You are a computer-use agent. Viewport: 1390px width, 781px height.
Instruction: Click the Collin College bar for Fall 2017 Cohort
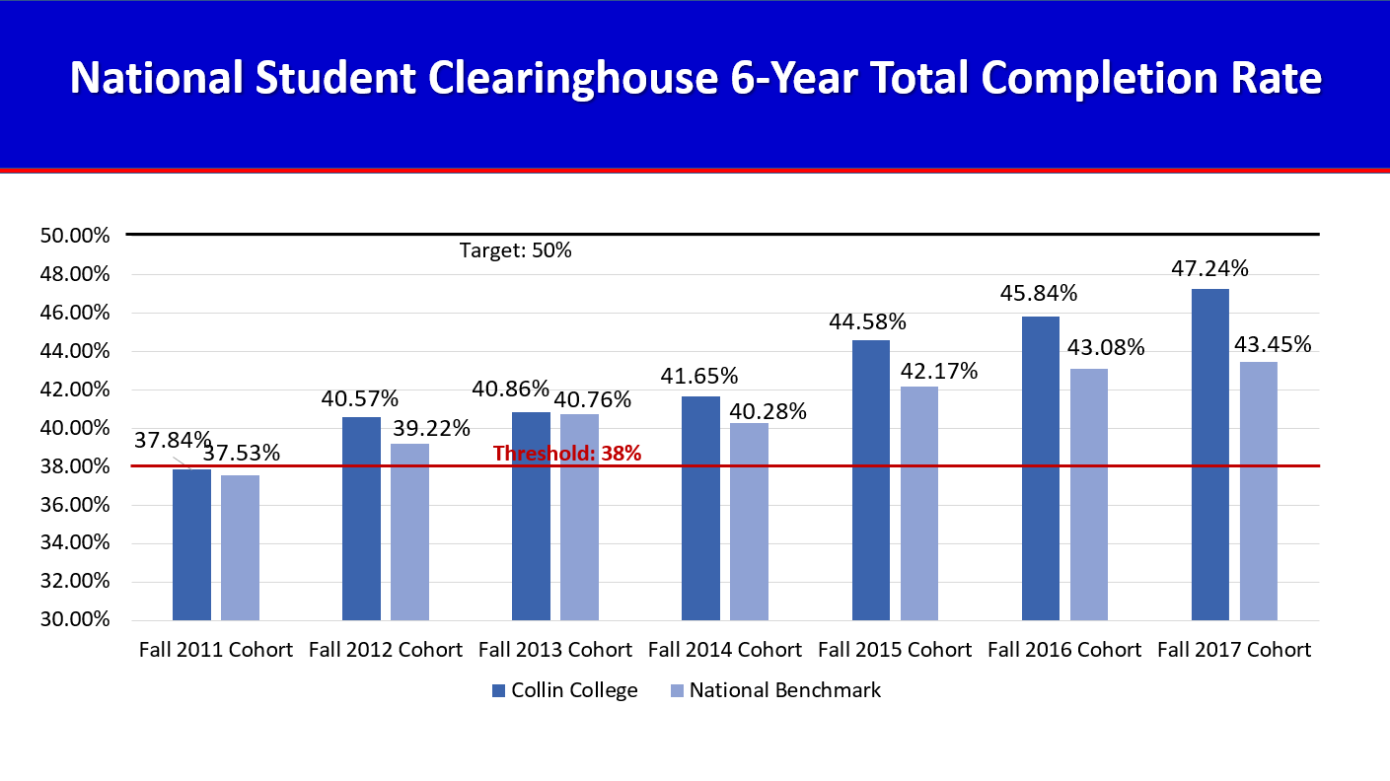1209,455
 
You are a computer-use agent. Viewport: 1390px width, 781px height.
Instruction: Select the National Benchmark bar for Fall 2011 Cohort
240,547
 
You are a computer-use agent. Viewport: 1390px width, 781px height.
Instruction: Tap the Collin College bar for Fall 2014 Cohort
700,508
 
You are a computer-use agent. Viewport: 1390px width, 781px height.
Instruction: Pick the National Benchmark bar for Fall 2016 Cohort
1089,494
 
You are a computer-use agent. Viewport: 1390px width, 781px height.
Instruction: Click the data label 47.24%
1210,269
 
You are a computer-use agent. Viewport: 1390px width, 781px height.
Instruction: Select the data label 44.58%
869,321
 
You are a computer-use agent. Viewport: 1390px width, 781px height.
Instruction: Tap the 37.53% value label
243,454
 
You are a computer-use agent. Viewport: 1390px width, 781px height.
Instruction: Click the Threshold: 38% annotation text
567,454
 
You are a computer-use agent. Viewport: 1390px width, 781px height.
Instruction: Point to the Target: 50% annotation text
516,250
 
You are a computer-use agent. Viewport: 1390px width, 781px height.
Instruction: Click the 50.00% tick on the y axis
75,236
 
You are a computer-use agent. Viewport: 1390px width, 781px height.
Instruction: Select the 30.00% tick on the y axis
75,620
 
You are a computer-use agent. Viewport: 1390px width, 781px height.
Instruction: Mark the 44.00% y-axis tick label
75,351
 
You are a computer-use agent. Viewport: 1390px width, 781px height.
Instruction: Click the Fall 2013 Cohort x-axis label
555,650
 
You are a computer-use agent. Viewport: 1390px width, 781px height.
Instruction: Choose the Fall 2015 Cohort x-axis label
895,650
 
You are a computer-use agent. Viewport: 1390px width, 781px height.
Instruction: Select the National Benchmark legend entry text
785,690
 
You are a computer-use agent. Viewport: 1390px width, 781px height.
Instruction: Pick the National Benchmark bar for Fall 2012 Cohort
409,532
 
